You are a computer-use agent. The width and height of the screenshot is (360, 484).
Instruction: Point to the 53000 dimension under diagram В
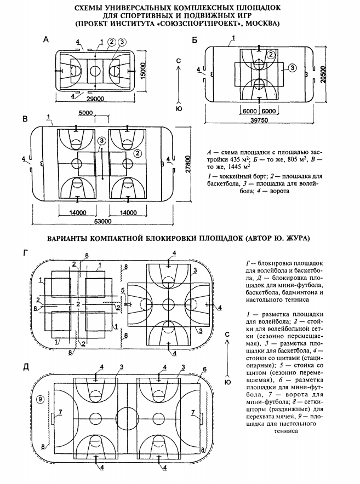103,221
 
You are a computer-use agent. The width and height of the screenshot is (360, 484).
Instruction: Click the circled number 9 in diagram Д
39,399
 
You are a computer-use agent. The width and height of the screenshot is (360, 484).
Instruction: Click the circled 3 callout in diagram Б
292,68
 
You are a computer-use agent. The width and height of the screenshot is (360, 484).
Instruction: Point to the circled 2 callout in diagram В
138,153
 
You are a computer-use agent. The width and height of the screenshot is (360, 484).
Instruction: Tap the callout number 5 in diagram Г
123,290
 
